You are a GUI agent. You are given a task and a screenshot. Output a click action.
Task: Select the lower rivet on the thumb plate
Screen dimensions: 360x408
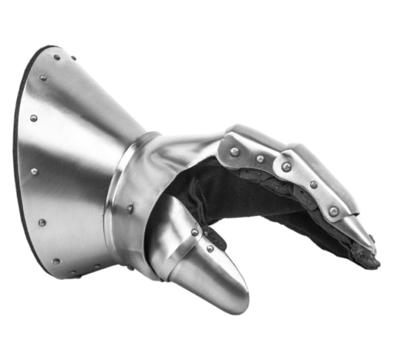209,249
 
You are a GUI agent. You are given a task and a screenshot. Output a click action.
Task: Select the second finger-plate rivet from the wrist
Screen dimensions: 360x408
260,159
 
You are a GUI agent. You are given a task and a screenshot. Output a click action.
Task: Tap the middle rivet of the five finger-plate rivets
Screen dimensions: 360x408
286,167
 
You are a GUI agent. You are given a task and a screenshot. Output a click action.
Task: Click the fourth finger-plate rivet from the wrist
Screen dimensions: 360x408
313,184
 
